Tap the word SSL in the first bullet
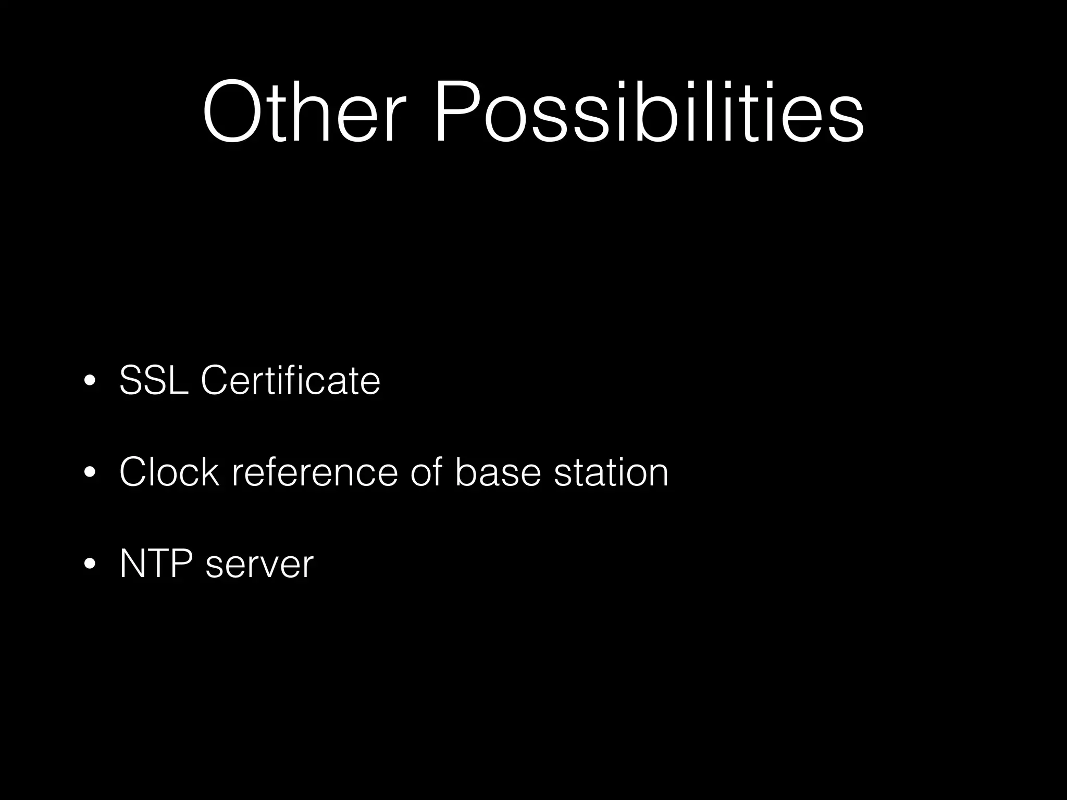pos(154,381)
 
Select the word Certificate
pos(291,381)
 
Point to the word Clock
pos(169,472)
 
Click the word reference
pos(315,472)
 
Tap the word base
pos(498,472)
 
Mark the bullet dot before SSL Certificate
pos(90,381)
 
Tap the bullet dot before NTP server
pos(90,564)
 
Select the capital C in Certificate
pos(215,381)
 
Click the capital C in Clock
pos(134,472)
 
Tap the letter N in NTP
pos(132,564)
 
